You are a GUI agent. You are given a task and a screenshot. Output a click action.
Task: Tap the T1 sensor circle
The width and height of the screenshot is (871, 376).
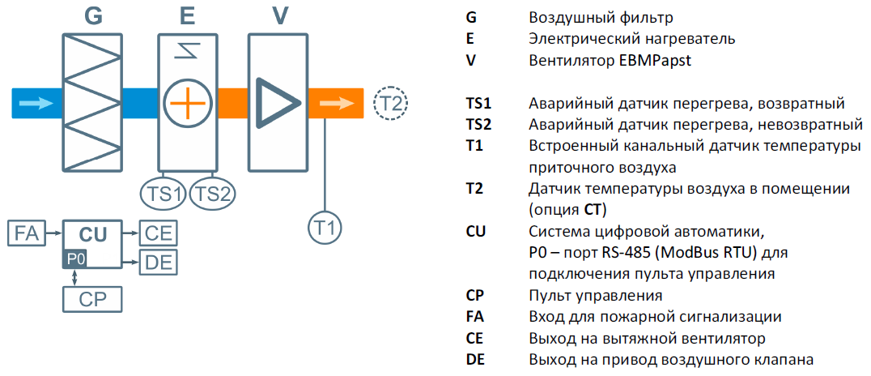[325, 228]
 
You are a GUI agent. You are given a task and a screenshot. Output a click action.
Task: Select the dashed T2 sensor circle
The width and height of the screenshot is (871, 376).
[391, 104]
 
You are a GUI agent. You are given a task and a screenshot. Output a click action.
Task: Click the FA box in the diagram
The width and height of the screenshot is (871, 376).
[26, 233]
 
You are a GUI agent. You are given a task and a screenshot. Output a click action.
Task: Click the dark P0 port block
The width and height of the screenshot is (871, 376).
[75, 258]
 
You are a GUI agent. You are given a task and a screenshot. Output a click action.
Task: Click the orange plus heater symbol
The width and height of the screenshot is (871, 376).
[187, 104]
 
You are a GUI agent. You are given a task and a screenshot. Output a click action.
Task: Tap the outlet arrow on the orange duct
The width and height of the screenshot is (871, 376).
[336, 104]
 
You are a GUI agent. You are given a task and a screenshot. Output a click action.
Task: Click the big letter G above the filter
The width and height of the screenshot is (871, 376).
[94, 16]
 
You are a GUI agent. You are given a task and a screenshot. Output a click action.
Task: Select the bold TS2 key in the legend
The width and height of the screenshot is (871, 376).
[478, 125]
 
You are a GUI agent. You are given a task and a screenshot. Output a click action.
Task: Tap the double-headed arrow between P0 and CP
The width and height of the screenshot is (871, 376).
[75, 277]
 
